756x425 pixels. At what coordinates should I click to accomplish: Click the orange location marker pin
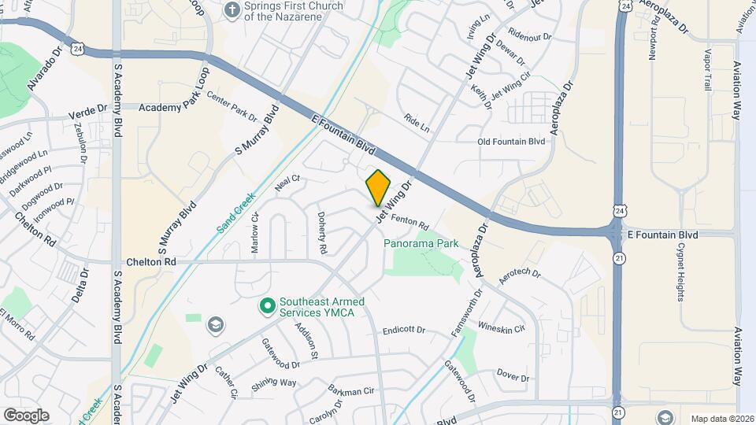[x=379, y=187]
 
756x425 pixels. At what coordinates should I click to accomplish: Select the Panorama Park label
[x=421, y=244]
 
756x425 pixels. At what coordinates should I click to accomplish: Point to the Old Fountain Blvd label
[x=511, y=142]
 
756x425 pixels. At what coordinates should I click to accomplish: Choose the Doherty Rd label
[x=321, y=233]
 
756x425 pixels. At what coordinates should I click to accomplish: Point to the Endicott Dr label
[x=404, y=331]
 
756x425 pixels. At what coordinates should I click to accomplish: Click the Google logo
[x=26, y=415]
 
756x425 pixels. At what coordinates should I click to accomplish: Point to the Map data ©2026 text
[x=721, y=419]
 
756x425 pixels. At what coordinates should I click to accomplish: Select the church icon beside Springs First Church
[x=232, y=10]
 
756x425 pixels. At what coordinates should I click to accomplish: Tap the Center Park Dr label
[x=232, y=106]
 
